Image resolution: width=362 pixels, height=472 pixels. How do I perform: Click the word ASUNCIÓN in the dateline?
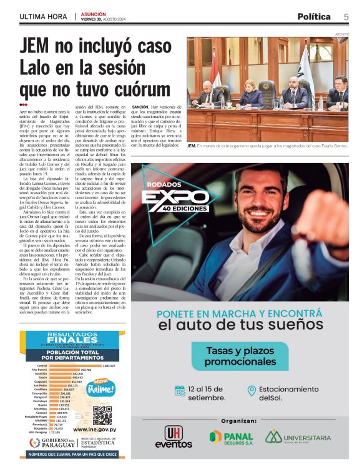click(93, 13)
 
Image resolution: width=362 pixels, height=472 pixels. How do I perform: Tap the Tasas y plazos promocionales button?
click(240, 356)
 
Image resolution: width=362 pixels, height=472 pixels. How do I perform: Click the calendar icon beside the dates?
click(180, 391)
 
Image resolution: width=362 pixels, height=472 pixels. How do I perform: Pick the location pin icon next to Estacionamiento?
click(252, 391)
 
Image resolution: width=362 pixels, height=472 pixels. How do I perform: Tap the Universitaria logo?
click(298, 437)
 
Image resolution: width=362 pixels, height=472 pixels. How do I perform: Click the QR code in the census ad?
click(101, 415)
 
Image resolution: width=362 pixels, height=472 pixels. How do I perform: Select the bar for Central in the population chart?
click(75, 365)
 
